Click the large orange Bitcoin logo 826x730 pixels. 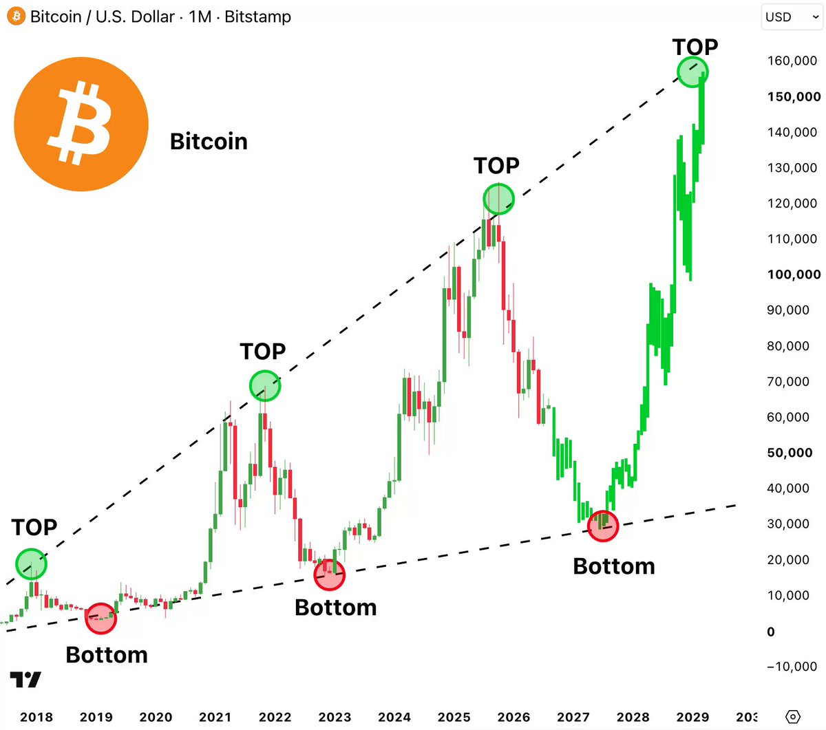(81, 124)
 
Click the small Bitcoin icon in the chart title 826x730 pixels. (17, 17)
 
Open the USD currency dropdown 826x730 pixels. (792, 17)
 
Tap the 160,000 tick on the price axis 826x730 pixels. (792, 61)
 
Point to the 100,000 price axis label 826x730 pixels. (794, 275)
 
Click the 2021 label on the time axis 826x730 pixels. (215, 717)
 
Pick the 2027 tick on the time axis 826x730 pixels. (573, 717)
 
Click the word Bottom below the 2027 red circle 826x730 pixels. (614, 566)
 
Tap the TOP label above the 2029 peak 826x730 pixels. (695, 47)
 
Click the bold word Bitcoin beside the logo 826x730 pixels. (209, 142)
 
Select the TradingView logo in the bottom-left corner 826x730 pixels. (25, 679)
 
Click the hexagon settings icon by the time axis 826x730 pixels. (792, 716)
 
